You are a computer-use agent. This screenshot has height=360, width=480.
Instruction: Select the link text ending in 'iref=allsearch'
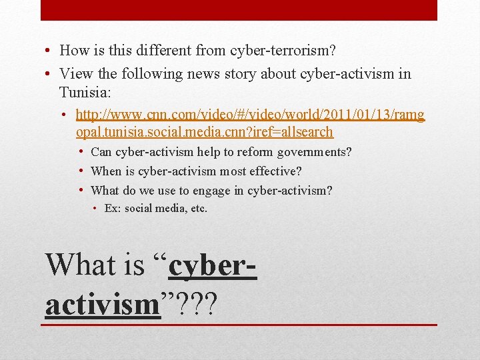(204, 132)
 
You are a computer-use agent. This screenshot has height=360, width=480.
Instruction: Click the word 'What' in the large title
(75, 265)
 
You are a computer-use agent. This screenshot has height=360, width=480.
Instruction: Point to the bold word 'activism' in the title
(103, 304)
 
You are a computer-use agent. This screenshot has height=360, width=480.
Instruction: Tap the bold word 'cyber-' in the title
(213, 265)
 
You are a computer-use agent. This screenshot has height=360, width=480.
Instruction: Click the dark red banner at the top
(239, 10)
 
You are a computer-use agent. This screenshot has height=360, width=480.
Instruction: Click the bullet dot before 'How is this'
(49, 51)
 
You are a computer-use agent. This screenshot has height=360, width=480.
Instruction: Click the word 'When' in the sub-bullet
(107, 171)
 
